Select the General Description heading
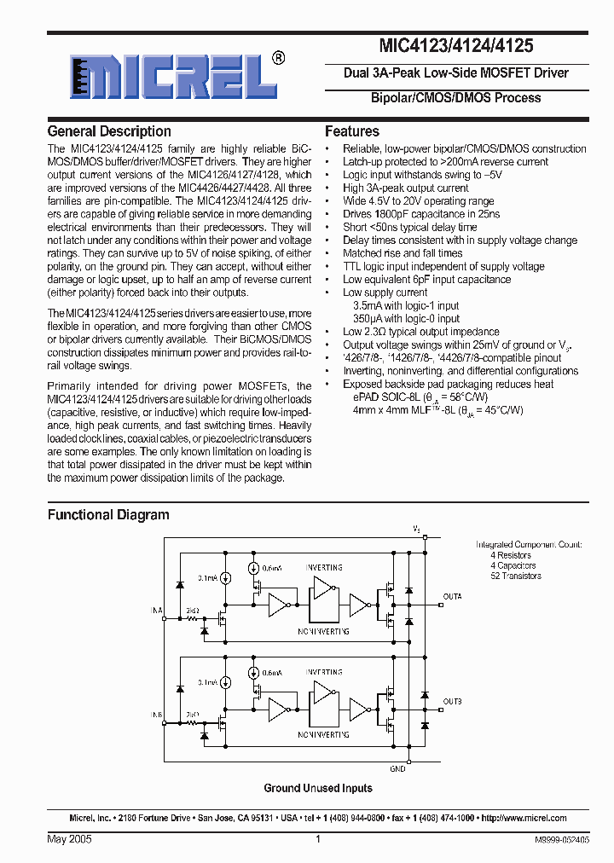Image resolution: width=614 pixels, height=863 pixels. point(109,131)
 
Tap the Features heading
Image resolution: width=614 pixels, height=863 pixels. point(352,131)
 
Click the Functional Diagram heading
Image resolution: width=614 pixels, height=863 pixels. point(108,515)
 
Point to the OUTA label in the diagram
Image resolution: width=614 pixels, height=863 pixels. point(452,596)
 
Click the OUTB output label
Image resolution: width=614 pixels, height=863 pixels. point(452,701)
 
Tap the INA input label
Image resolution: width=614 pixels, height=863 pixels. point(157,611)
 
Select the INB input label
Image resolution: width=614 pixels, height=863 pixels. point(157,714)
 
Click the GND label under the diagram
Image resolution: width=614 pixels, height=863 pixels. point(397,768)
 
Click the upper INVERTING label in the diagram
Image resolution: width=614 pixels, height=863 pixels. point(324,567)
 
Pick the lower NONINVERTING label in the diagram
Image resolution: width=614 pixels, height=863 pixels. point(323,733)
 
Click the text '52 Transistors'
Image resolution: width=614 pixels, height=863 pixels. point(515,576)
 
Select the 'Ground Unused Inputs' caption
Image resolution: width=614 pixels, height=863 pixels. point(318,788)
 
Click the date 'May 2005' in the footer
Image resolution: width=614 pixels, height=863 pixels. point(69,839)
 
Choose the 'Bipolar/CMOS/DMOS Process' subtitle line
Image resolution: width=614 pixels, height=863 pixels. point(455,98)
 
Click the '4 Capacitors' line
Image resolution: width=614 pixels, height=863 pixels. point(513,565)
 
